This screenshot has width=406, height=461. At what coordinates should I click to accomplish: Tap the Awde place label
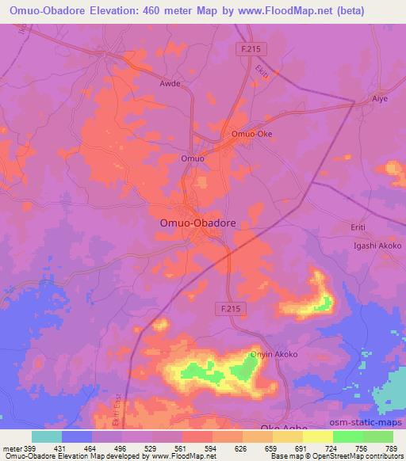(x=170, y=82)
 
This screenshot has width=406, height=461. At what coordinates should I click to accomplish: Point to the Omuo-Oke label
(x=251, y=134)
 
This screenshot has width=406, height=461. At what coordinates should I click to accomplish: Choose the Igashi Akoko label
(x=377, y=246)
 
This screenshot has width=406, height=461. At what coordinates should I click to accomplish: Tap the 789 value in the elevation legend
(x=391, y=448)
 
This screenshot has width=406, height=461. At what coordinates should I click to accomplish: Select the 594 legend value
(x=211, y=448)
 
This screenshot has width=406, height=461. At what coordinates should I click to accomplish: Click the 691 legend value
(x=300, y=448)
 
